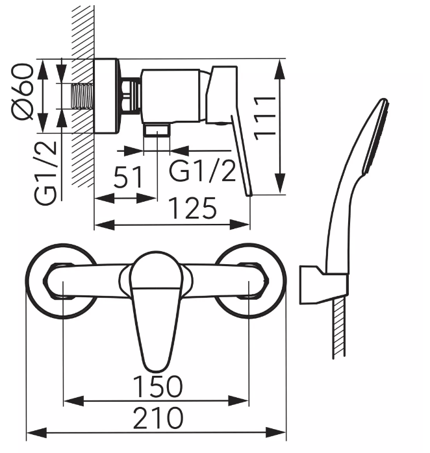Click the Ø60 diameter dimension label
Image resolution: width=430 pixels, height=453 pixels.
pos(22,92)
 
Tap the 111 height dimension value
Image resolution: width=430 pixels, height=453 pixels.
pos(264,118)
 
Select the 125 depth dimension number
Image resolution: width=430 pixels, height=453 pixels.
pos(192,208)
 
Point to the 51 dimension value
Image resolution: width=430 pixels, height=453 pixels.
pos(128,177)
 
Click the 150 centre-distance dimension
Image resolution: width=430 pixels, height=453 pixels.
pos(158,386)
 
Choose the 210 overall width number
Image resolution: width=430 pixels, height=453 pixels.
pos(158,417)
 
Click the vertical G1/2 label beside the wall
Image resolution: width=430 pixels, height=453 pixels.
pos(45,173)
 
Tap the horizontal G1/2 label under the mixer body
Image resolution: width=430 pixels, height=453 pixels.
pos(202,171)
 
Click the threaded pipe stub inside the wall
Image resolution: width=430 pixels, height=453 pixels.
pos(82,96)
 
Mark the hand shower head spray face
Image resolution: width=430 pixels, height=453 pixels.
pos(376,136)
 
